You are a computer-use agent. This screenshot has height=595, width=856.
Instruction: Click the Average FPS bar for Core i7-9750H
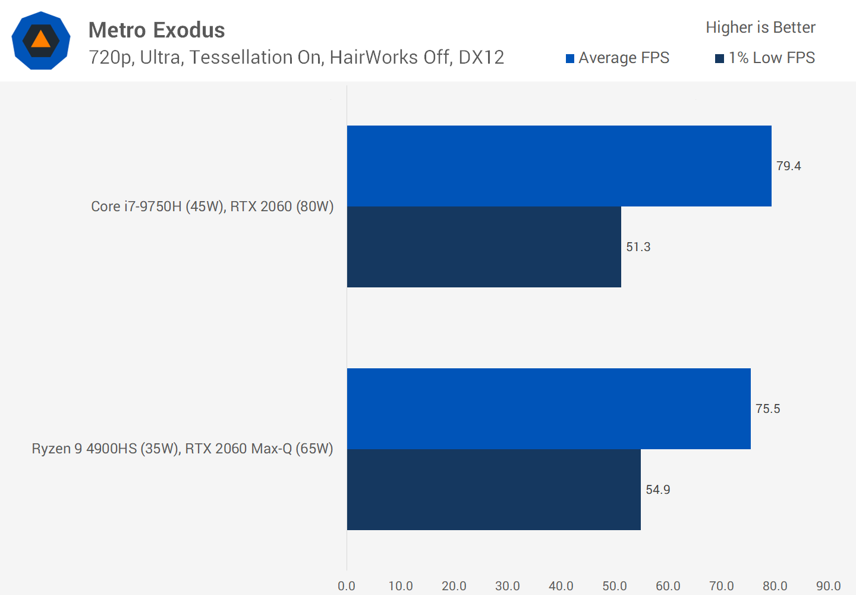(559, 166)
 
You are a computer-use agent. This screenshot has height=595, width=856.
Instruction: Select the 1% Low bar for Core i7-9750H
(484, 247)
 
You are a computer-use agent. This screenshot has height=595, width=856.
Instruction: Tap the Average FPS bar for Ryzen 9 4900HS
(548, 409)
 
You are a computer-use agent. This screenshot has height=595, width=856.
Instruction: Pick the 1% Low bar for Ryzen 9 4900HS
(493, 490)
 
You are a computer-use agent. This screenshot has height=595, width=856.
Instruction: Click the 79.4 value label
(788, 166)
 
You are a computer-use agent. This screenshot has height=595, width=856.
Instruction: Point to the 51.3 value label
(638, 247)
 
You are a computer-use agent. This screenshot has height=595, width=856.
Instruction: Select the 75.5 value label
(767, 409)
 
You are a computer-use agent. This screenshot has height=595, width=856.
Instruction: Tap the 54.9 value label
(657, 490)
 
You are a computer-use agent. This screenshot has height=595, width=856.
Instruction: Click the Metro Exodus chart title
(156, 30)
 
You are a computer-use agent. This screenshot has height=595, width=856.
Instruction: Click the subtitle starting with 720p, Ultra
(296, 57)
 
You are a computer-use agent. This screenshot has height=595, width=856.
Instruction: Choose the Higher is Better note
(760, 27)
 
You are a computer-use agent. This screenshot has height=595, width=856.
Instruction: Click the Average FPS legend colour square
(570, 58)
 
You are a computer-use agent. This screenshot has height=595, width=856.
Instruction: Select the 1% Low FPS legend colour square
(719, 58)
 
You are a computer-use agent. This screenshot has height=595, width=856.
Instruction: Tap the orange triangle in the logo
(40, 39)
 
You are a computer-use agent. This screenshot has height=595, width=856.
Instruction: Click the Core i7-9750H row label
(212, 206)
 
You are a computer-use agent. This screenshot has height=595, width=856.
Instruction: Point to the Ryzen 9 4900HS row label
(182, 449)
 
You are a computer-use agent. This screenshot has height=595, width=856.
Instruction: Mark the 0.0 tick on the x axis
(347, 586)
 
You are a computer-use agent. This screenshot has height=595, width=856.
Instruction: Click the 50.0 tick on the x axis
(615, 586)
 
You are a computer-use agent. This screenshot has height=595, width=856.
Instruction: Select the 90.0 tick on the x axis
(828, 586)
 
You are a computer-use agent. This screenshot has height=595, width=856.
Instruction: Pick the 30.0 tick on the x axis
(507, 586)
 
